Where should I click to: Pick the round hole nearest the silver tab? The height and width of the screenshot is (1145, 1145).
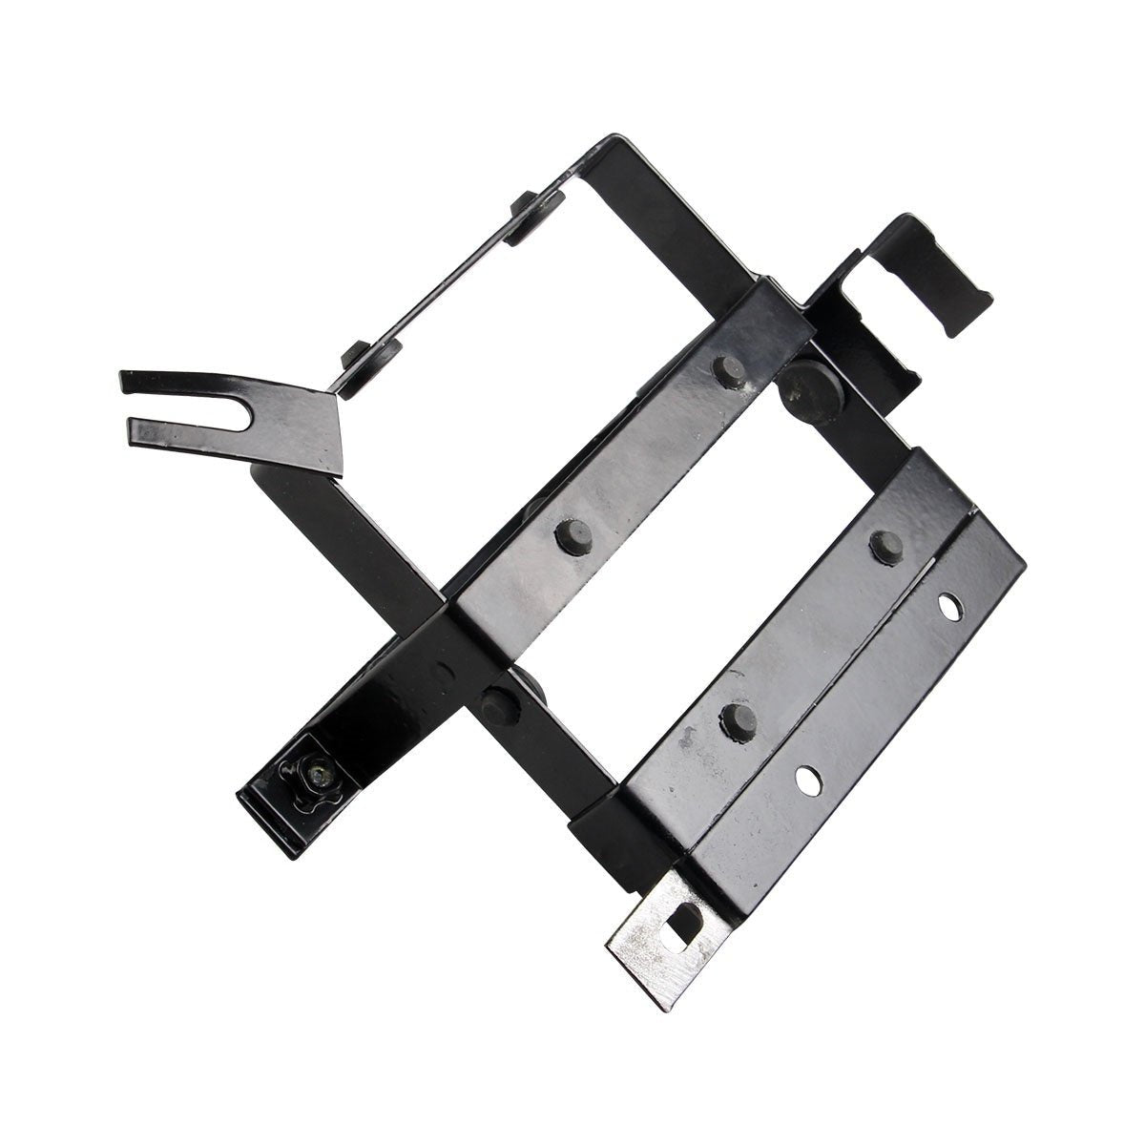(x=806, y=780)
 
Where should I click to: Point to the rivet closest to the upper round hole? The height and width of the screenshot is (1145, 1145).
(x=885, y=544)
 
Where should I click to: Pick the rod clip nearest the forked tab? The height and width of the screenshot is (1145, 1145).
(x=357, y=357)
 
